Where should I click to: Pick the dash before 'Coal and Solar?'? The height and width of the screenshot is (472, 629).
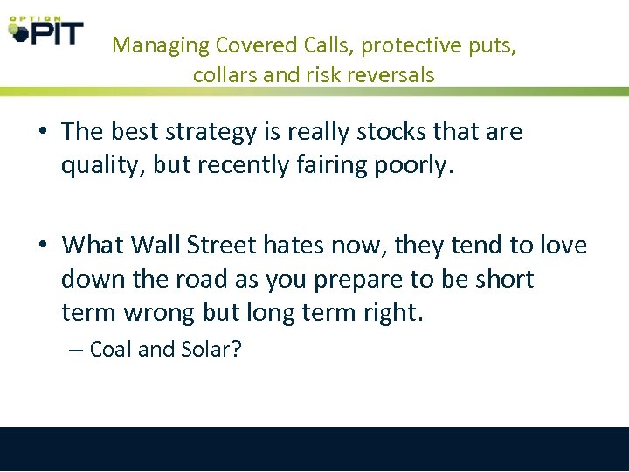click(76, 351)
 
